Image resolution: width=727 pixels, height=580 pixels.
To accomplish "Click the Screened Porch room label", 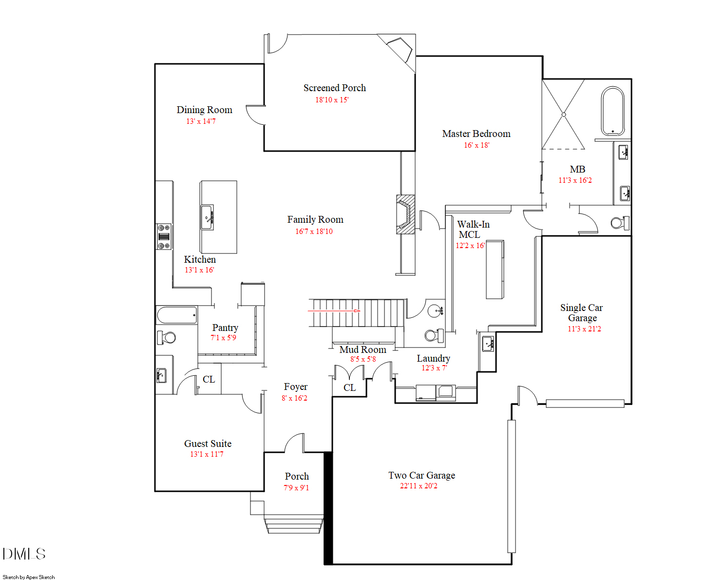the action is (334, 88).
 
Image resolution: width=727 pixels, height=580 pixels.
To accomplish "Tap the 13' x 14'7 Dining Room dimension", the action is (201, 121).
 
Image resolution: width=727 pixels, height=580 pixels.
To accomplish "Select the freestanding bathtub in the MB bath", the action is (612, 111).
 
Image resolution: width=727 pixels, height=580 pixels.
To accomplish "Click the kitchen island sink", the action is (207, 217).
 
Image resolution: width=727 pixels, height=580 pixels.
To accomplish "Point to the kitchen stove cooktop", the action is (164, 236).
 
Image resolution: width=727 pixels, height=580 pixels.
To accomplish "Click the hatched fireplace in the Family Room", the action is (405, 214).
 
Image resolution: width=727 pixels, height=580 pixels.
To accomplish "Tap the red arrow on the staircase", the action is (334, 310).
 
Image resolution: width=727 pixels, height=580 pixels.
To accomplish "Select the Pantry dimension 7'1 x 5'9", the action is (223, 337).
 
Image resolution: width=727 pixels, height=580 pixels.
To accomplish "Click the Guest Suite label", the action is (208, 443).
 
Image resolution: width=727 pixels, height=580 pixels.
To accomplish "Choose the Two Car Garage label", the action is (421, 475).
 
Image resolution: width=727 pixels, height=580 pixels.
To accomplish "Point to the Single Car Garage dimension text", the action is (584, 329).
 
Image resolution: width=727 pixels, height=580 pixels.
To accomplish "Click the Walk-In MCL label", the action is (473, 229).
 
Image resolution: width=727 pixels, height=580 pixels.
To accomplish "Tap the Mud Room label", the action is (363, 349).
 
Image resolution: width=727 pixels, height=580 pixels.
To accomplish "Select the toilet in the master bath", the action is (620, 223).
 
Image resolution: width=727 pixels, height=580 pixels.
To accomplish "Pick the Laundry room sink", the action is (487, 344).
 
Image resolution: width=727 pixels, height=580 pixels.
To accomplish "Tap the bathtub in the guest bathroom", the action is (177, 315).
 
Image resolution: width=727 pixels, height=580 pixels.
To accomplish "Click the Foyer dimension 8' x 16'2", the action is (295, 398).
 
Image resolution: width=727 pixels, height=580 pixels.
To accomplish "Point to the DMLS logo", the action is (24, 554).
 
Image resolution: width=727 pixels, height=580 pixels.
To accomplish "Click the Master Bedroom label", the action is (476, 134).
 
